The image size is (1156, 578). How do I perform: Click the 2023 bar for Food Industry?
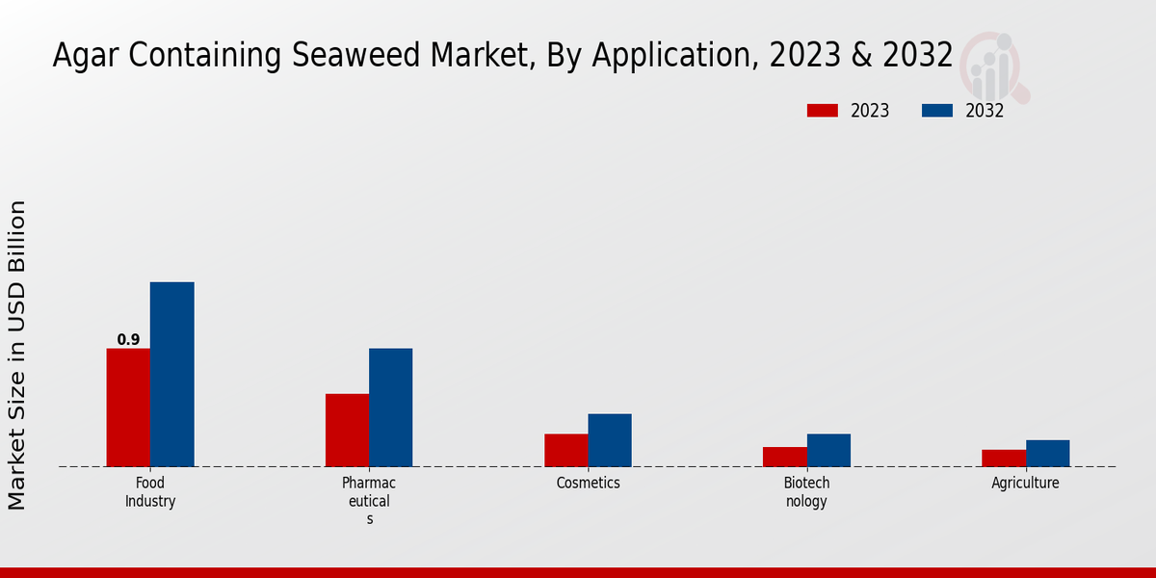click(x=128, y=407)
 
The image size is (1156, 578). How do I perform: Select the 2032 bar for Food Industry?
click(x=171, y=375)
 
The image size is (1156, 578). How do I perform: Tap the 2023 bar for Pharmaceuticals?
click(x=347, y=431)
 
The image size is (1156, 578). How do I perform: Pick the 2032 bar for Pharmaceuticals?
click(x=390, y=407)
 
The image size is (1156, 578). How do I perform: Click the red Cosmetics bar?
click(x=565, y=450)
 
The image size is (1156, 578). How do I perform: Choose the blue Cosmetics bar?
click(x=610, y=440)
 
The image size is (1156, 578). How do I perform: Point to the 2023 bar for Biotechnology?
click(x=784, y=457)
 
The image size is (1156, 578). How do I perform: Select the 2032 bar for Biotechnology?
click(x=828, y=450)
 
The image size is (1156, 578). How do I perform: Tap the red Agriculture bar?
click(x=1004, y=458)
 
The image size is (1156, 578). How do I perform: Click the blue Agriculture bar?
click(x=1047, y=453)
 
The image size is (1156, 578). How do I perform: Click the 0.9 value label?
click(x=128, y=340)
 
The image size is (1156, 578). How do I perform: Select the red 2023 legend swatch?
click(x=822, y=111)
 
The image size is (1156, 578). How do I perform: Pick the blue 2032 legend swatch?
click(x=937, y=111)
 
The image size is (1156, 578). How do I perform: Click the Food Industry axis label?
click(x=150, y=492)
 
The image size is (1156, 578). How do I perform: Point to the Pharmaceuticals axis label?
click(x=369, y=501)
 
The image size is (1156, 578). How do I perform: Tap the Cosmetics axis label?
click(x=588, y=484)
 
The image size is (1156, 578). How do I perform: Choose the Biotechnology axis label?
click(x=806, y=492)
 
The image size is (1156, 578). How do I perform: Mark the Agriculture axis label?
click(x=1025, y=484)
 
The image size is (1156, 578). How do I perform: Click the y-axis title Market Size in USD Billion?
click(x=17, y=355)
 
